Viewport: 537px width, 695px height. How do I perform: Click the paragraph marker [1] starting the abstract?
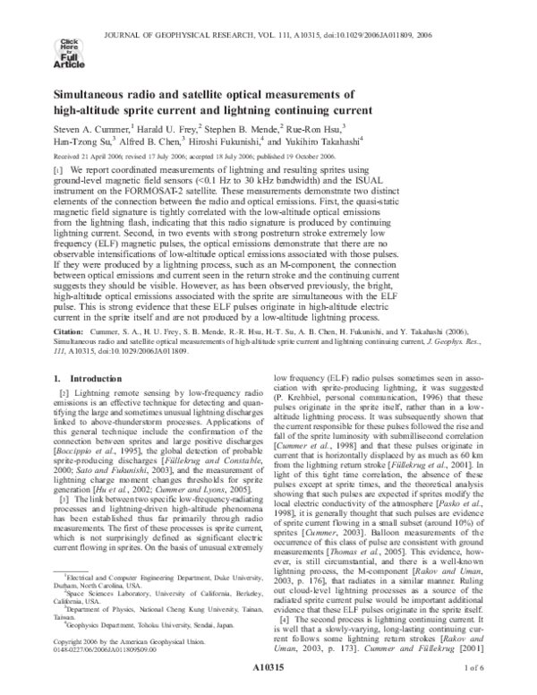point(59,169)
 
